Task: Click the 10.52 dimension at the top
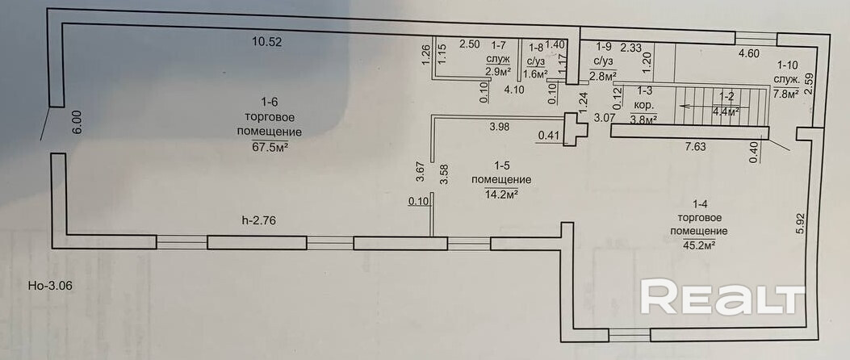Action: click(267, 42)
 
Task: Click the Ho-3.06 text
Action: click(48, 285)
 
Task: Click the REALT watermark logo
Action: click(722, 296)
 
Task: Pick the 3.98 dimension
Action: click(500, 127)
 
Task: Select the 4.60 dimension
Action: click(748, 52)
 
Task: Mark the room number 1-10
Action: click(787, 65)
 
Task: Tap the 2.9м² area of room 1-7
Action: click(497, 70)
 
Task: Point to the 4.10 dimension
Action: click(513, 90)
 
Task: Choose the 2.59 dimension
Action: click(809, 83)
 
